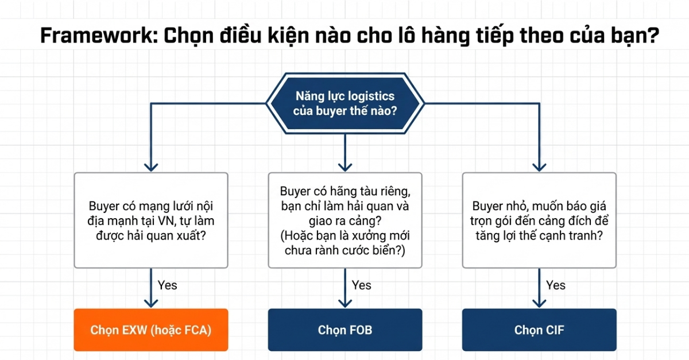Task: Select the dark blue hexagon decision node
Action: pos(345,103)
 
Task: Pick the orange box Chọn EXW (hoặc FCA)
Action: pos(151,330)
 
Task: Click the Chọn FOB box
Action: pos(345,330)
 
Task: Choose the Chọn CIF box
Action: pos(539,330)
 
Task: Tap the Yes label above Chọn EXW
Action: pos(167,285)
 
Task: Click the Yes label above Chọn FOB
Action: pos(361,285)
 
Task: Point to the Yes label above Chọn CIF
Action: pos(556,285)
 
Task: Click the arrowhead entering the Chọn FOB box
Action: pos(345,304)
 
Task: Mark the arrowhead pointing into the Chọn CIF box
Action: pos(539,304)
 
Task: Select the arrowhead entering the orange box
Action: pos(151,304)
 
